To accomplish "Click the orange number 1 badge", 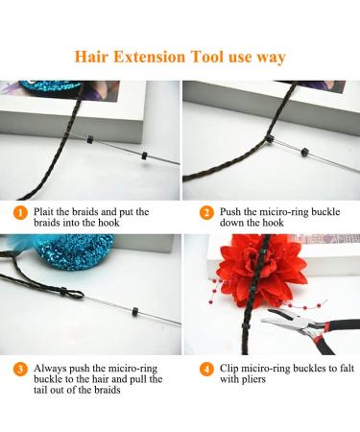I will point(20,212).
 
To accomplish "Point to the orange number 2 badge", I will point(205,212).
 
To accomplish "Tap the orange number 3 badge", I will point(20,369).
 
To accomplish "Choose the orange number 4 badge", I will point(205,369).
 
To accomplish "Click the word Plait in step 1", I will point(48,213).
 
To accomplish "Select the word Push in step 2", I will point(234,213).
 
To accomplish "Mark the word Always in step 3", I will point(56,369).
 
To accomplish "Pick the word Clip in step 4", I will point(233,369).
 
